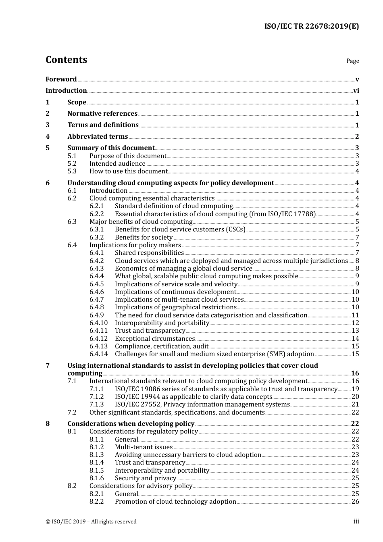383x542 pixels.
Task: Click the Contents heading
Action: pos(66,60)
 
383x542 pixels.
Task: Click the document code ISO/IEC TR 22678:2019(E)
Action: pos(311,27)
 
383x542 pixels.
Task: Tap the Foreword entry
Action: pos(61,79)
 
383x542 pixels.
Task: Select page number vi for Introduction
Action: pos(356,91)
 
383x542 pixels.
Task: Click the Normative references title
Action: pos(102,114)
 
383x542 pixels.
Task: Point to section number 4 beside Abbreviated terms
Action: pos(48,137)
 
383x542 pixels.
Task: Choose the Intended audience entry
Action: pos(117,164)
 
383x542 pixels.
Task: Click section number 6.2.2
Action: pos(96,214)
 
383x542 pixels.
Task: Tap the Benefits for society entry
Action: pos(144,238)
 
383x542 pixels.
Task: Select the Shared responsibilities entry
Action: pos(149,253)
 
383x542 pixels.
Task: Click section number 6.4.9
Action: pos(96,315)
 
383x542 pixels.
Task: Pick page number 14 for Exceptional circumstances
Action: pos(355,339)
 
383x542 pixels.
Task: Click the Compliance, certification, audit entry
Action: pos(162,346)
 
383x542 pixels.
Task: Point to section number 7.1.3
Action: pos(96,404)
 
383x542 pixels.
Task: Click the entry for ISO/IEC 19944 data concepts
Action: pos(194,397)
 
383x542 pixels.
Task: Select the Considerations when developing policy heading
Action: pos(131,424)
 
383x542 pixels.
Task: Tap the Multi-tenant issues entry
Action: pos(144,447)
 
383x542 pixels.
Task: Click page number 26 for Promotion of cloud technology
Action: pos(355,502)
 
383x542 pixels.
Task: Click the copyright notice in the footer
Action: pos(91,522)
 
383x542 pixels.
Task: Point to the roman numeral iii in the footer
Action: pos(356,521)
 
